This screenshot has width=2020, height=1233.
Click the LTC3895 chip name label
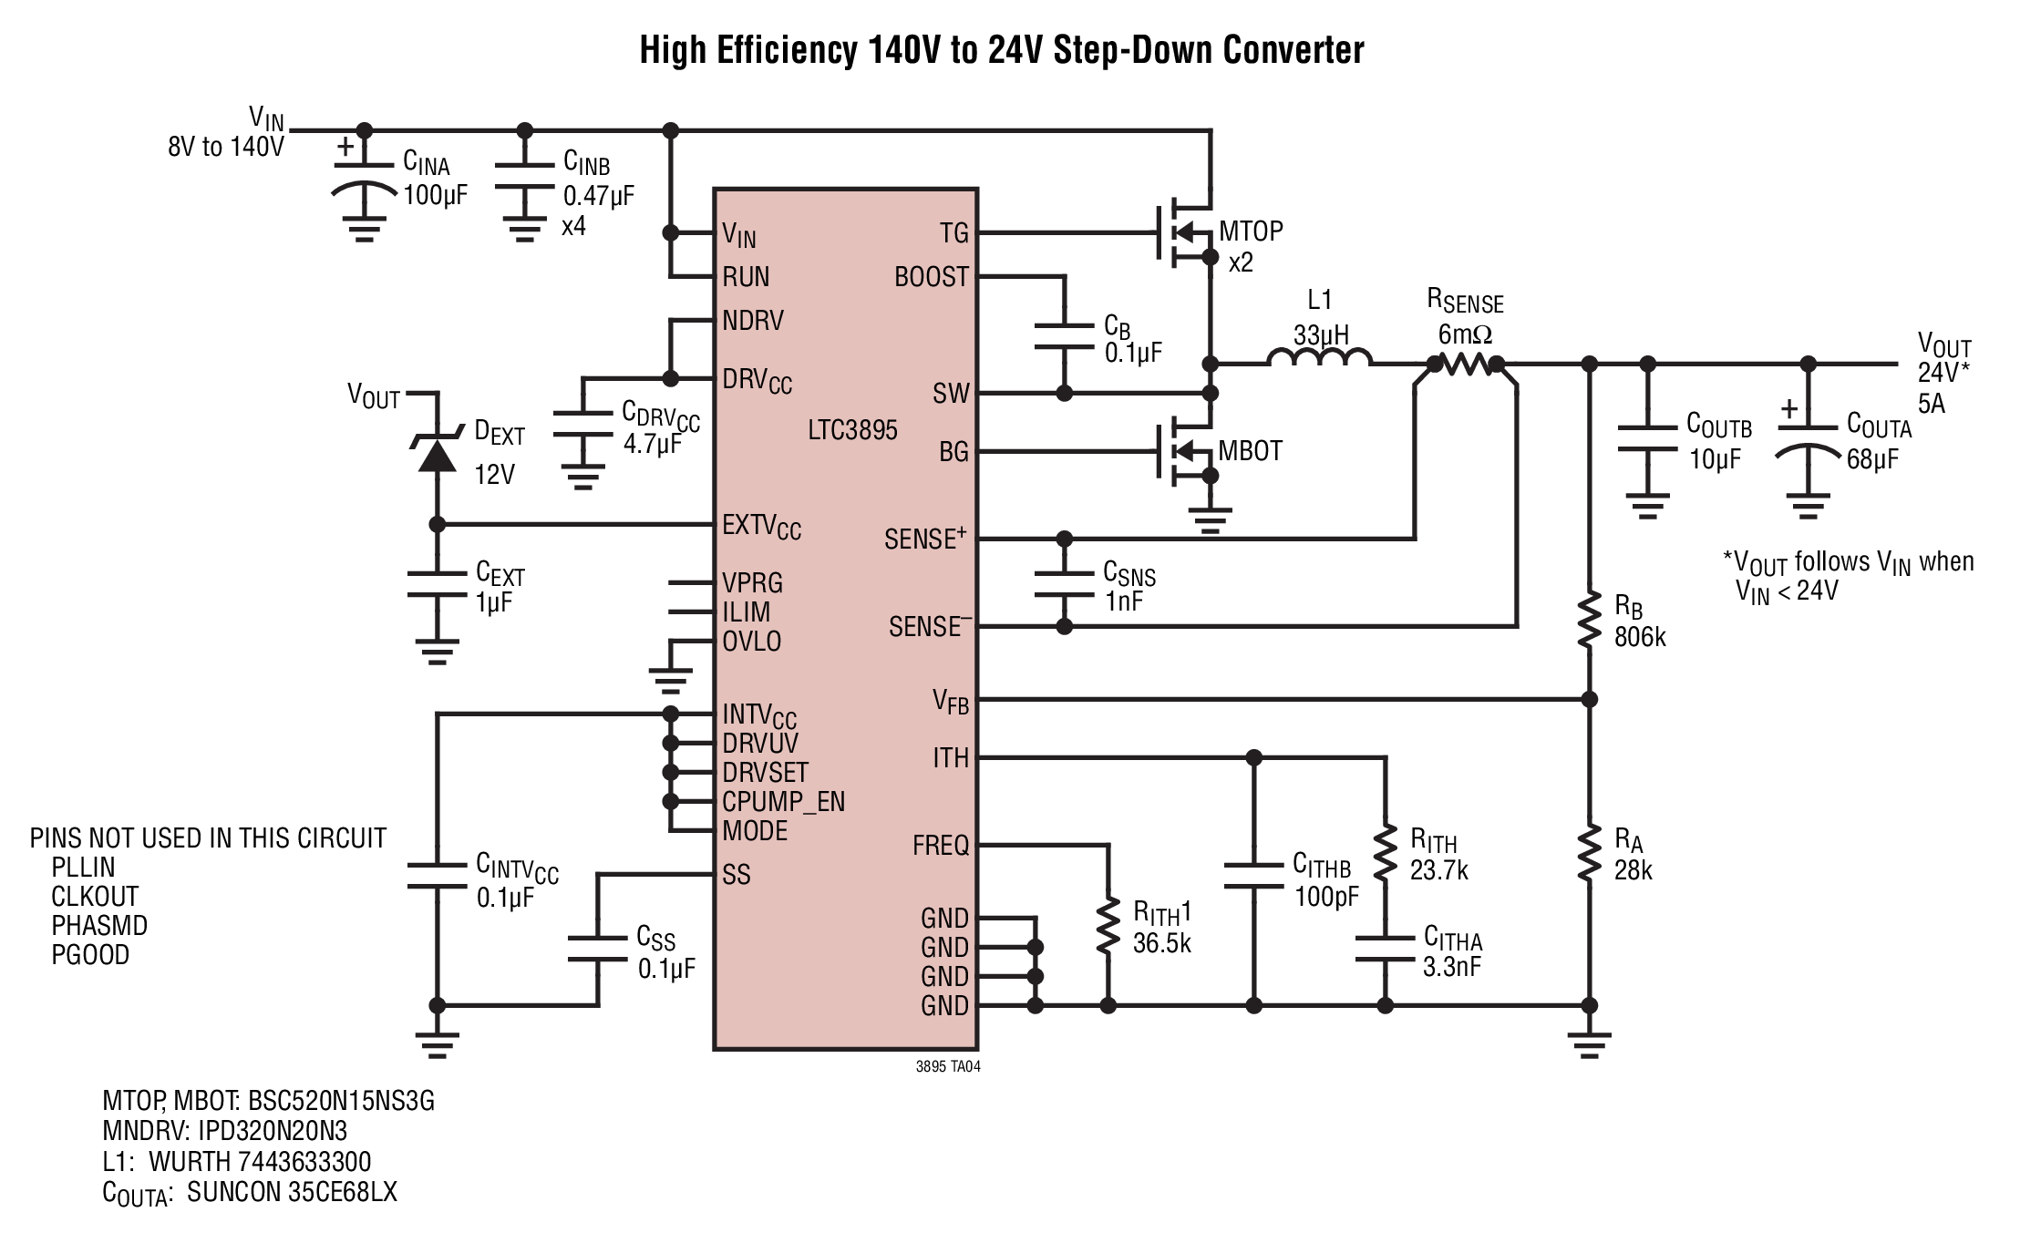pyautogui.click(x=852, y=430)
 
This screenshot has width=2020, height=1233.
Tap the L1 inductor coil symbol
pyautogui.click(x=1318, y=357)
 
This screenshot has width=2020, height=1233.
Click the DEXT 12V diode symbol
pyautogui.click(x=437, y=452)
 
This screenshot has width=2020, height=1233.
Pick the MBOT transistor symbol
pyautogui.click(x=1185, y=452)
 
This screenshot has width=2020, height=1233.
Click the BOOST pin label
pyautogui.click(x=931, y=277)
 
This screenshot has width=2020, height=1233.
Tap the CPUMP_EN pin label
pyautogui.click(x=784, y=803)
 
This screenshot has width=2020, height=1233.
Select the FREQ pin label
pyautogui.click(x=941, y=846)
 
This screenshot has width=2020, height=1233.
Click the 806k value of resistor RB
pyautogui.click(x=1640, y=637)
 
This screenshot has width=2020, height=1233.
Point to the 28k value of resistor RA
pyautogui.click(x=1634, y=870)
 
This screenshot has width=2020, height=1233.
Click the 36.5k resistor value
pyautogui.click(x=1161, y=943)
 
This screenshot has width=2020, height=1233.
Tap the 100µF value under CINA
pyautogui.click(x=435, y=194)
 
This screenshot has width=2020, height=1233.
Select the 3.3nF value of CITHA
pyautogui.click(x=1451, y=966)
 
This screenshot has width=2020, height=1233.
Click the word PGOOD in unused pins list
pyautogui.click(x=90, y=955)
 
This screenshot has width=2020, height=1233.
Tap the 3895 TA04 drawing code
pyautogui.click(x=948, y=1066)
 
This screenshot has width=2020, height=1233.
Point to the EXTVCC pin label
pyautogui.click(x=761, y=528)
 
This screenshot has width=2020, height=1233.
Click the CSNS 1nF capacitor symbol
pyautogui.click(x=1064, y=584)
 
